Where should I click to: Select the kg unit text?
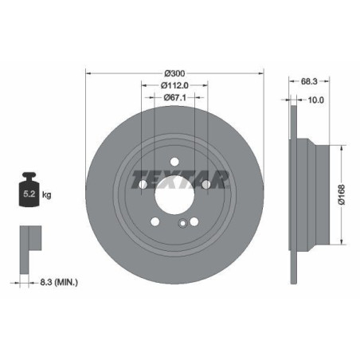(47, 194)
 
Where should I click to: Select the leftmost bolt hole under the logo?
(143, 185)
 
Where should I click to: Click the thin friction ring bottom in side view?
(288, 271)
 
